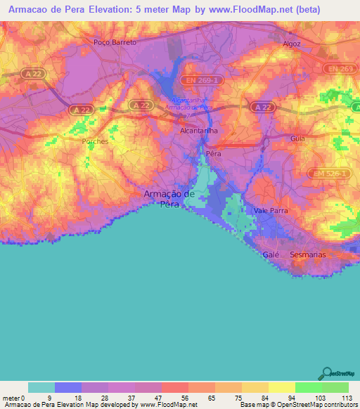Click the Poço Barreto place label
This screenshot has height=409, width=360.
tap(115, 42)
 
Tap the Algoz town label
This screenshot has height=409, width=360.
tap(291, 43)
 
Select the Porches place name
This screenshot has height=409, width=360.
tap(95, 141)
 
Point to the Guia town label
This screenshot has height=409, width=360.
tap(297, 139)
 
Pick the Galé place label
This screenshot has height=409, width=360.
tap(271, 254)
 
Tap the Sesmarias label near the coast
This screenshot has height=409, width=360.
tap(308, 254)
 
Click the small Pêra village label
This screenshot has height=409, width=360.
tap(213, 152)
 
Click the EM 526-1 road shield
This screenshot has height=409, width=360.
tap(326, 173)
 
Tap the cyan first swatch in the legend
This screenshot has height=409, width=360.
tap(41, 387)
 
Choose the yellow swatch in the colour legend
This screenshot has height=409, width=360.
tap(281, 387)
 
